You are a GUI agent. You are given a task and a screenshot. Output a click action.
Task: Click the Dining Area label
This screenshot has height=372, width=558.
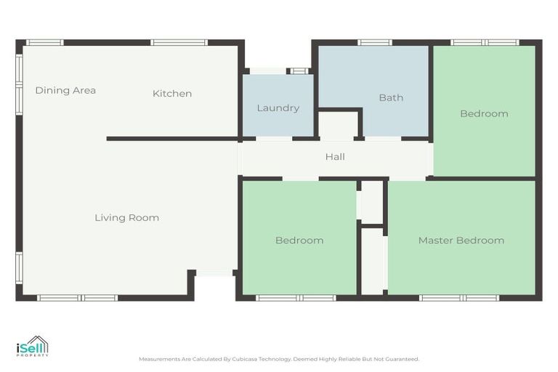(x=65, y=91)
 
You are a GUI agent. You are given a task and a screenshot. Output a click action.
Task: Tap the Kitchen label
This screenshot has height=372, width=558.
(x=172, y=94)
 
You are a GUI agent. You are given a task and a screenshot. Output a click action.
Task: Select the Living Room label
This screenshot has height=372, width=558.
(x=126, y=218)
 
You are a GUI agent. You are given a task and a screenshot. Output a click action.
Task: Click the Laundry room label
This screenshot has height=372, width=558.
(x=278, y=108)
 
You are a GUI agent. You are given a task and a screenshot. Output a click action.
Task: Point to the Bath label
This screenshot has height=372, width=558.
(x=391, y=98)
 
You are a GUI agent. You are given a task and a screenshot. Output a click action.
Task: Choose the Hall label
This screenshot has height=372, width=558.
(x=335, y=157)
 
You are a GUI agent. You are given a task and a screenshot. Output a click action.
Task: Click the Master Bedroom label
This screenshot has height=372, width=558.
(x=461, y=240)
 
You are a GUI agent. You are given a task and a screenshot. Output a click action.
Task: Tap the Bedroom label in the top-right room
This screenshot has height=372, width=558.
(x=484, y=114)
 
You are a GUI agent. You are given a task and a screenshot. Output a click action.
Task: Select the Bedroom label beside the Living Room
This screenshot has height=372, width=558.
(x=299, y=240)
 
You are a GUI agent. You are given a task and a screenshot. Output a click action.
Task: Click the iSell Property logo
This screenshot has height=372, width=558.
(x=33, y=347)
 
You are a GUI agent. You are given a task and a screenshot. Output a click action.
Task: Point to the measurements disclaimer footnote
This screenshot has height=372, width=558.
(x=279, y=359)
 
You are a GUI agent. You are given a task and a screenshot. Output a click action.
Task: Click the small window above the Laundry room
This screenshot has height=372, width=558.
(x=298, y=71)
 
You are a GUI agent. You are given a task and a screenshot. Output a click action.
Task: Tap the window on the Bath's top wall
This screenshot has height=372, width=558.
(x=375, y=42)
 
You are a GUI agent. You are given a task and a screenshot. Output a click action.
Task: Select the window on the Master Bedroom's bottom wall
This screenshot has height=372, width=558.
(x=459, y=297)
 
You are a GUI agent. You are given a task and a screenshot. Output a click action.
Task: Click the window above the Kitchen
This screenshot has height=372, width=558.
(x=179, y=42)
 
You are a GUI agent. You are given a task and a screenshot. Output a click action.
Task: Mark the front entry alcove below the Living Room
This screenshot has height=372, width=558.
(x=214, y=286)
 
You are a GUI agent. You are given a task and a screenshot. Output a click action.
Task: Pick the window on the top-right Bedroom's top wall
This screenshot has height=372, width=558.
(x=485, y=42)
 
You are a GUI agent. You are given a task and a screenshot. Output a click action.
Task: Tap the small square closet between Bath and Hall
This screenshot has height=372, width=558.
(x=339, y=125)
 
